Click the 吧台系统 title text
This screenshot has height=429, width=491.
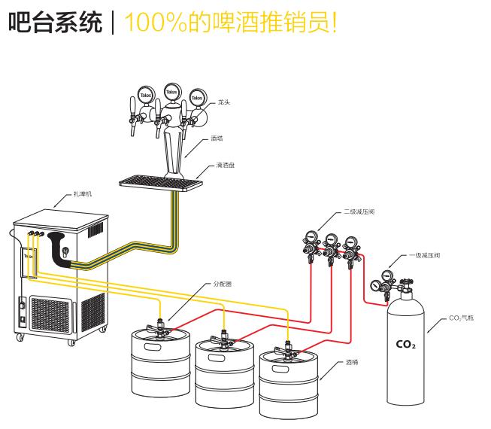tap(54, 22)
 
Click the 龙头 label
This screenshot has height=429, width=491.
tap(223, 102)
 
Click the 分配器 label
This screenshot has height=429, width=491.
tap(223, 284)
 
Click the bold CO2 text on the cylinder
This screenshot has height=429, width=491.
tap(405, 345)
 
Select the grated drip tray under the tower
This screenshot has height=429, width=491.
tap(161, 181)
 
